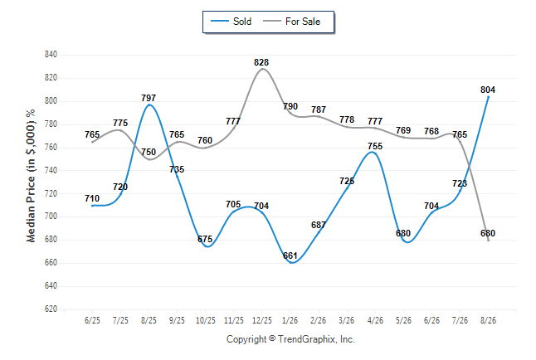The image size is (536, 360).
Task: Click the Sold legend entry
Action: (231, 22)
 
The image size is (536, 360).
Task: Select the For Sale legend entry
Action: (291, 22)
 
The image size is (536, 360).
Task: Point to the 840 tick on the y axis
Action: (51, 55)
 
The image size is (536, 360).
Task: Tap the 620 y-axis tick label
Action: (51, 309)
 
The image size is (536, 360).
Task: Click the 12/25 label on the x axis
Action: (262, 320)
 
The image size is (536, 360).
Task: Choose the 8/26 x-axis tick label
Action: (488, 320)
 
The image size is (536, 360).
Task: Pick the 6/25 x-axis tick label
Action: (92, 320)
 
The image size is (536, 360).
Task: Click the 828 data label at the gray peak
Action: (261, 62)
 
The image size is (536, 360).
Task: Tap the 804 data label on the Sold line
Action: (488, 90)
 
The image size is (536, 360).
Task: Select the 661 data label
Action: (290, 255)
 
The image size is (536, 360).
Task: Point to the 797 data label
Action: (149, 98)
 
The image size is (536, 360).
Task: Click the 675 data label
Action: (205, 239)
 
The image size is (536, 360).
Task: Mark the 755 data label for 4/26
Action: (375, 146)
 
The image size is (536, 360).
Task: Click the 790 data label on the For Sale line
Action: (290, 106)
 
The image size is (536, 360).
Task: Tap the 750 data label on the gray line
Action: (149, 152)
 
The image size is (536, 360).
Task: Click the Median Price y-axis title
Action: (31, 176)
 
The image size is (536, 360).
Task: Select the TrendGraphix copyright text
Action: (290, 339)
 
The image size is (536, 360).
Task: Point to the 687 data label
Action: (319, 225)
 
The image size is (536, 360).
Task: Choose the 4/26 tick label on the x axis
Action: (375, 320)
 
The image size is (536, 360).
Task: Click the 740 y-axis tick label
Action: (51, 170)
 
